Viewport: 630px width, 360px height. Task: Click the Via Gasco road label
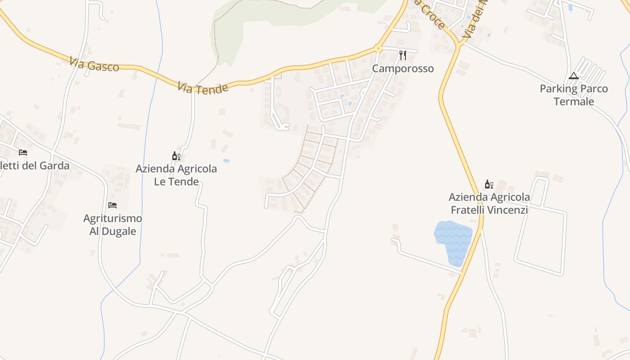pyautogui.click(x=94, y=64)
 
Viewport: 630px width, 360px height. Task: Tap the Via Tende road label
pyautogui.click(x=202, y=87)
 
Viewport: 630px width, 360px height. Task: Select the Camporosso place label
pyautogui.click(x=403, y=68)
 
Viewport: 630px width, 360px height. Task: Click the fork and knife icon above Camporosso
pyautogui.click(x=403, y=55)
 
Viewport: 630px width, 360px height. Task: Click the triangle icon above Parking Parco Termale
pyautogui.click(x=573, y=76)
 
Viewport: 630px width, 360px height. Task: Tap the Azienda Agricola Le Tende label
pyautogui.click(x=176, y=175)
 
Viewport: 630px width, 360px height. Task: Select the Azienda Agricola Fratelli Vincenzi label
pyautogui.click(x=489, y=203)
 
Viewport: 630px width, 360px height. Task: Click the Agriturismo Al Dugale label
pyautogui.click(x=112, y=225)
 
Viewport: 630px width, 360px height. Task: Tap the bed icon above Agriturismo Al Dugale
pyautogui.click(x=112, y=206)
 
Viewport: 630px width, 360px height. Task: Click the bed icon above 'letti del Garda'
pyautogui.click(x=23, y=153)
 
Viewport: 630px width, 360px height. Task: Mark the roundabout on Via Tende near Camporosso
pyautogui.click(x=378, y=48)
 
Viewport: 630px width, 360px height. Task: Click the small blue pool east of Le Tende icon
pyautogui.click(x=226, y=161)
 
